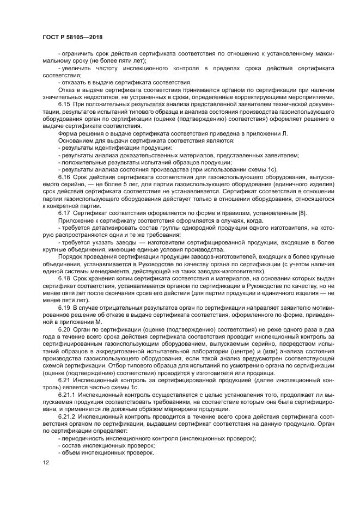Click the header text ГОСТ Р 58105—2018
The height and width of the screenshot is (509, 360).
click(72, 37)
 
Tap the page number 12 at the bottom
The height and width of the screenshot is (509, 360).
click(45, 462)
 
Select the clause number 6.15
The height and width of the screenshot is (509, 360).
click(64, 103)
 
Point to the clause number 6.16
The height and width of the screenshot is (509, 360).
click(64, 177)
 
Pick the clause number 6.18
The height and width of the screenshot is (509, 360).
click(64, 277)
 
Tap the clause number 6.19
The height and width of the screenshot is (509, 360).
click(64, 309)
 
